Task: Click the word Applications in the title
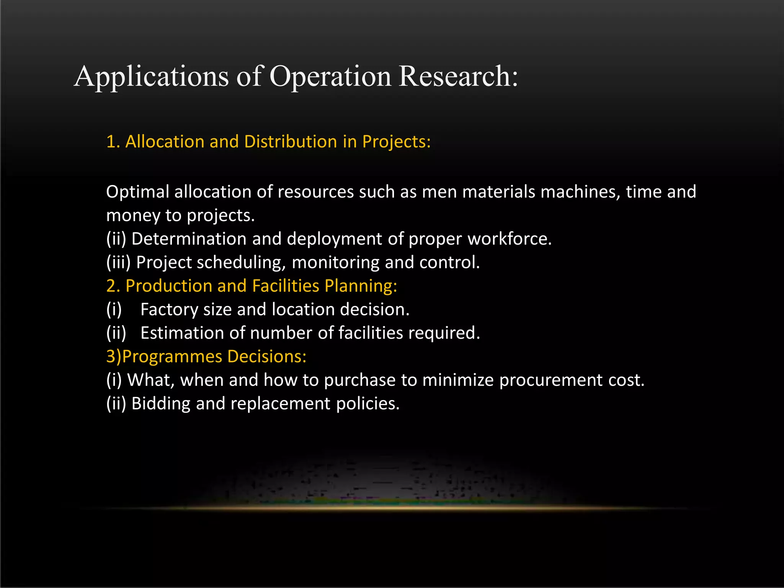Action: pyautogui.click(x=152, y=77)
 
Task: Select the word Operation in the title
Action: pyautogui.click(x=330, y=77)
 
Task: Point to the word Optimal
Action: pyautogui.click(x=137, y=192)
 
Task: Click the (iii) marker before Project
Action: pyautogui.click(x=118, y=263)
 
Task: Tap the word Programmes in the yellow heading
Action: pyautogui.click(x=172, y=357)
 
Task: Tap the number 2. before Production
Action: pyautogui.click(x=113, y=286)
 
